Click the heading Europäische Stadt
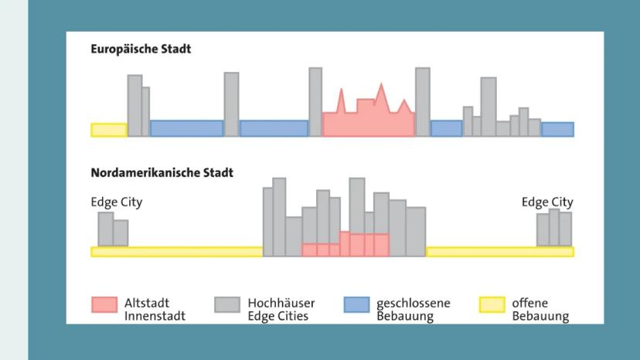(x=141, y=49)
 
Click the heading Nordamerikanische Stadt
(x=162, y=173)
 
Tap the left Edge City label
(x=117, y=202)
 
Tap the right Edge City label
(x=547, y=202)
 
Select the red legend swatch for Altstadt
(x=104, y=305)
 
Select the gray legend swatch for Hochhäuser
(x=227, y=305)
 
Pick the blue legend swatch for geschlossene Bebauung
(x=356, y=305)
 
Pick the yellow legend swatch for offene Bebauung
(x=492, y=305)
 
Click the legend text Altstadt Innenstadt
(x=155, y=310)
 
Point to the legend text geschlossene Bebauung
(x=413, y=310)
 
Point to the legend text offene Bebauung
(x=540, y=310)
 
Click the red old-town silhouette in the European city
(x=368, y=122)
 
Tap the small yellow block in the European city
(x=109, y=130)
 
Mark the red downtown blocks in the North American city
(x=346, y=246)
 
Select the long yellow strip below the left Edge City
(x=176, y=252)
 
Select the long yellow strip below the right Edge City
(x=499, y=252)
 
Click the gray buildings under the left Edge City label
(x=113, y=230)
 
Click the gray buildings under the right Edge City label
(x=554, y=229)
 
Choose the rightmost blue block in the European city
(x=557, y=129)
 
